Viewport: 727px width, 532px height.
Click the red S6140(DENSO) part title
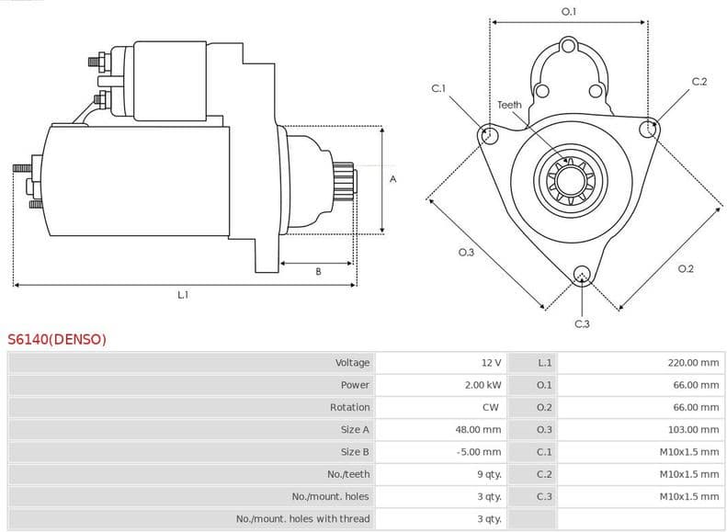[x=57, y=339]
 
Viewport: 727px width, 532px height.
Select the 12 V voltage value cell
[x=491, y=363]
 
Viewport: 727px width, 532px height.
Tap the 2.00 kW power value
[x=483, y=385]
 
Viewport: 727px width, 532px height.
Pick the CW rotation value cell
[x=490, y=407]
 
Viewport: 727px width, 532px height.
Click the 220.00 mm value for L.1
[x=693, y=363]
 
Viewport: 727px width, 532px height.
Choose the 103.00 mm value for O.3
[x=693, y=429]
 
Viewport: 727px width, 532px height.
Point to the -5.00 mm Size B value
[x=480, y=452]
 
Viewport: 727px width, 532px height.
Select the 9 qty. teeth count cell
[x=489, y=474]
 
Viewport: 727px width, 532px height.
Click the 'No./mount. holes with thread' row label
[x=302, y=518]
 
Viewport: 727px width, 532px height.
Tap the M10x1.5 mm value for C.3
[x=688, y=496]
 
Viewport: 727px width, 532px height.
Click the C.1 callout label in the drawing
[x=438, y=88]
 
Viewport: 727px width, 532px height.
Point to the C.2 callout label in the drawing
[x=699, y=82]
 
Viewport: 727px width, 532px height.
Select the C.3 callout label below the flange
[x=582, y=323]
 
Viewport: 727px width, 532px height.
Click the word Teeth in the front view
[x=509, y=105]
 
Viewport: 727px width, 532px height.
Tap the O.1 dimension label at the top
[x=569, y=11]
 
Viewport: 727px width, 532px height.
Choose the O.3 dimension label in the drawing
[x=465, y=253]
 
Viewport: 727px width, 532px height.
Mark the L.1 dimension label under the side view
[x=183, y=295]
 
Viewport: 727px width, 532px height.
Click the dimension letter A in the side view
[x=392, y=179]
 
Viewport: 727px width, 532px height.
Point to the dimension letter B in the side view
[x=318, y=271]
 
